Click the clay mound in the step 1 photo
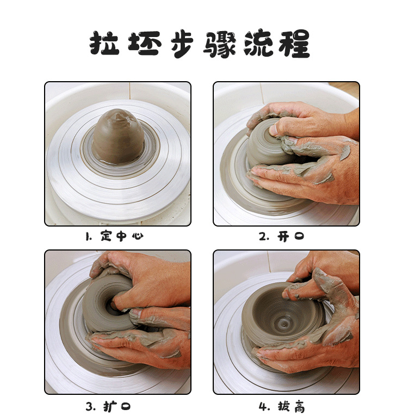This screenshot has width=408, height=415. tap(118, 136)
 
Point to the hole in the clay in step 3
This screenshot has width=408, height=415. tap(113, 306)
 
